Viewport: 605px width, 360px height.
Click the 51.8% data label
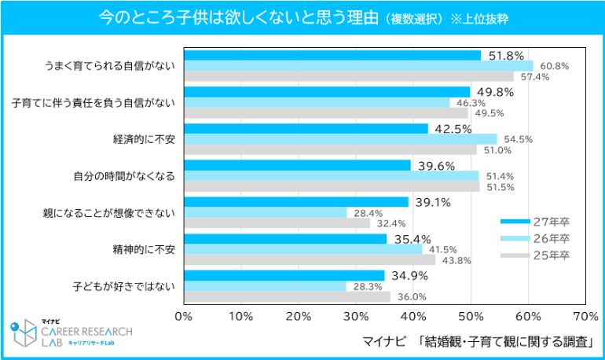point(506,56)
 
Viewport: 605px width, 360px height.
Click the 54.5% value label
point(518,139)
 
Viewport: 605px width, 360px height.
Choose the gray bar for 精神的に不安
point(309,259)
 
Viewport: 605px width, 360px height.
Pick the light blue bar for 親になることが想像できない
point(265,212)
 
